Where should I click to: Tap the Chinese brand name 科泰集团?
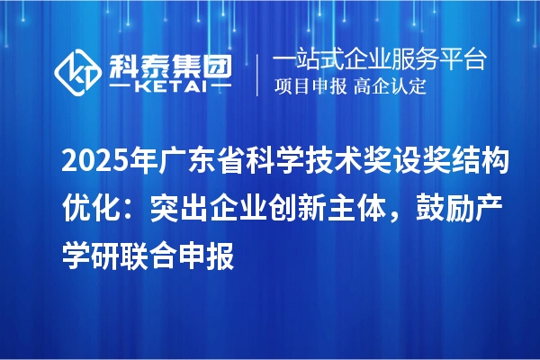(170, 62)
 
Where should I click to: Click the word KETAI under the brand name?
(170, 86)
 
